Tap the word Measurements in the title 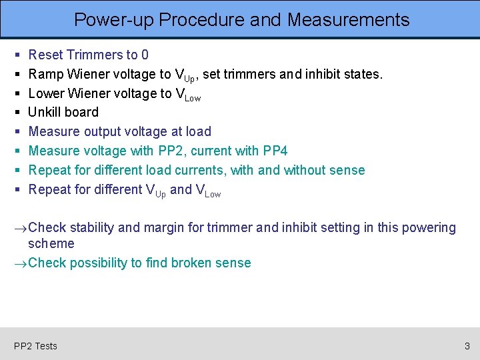(x=348, y=20)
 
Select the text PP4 (x=273, y=151)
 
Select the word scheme (x=51, y=243)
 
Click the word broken (x=192, y=263)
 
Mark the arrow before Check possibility (x=21, y=263)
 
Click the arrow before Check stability (x=21, y=228)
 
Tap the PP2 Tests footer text (x=35, y=345)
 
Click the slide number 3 (x=467, y=345)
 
